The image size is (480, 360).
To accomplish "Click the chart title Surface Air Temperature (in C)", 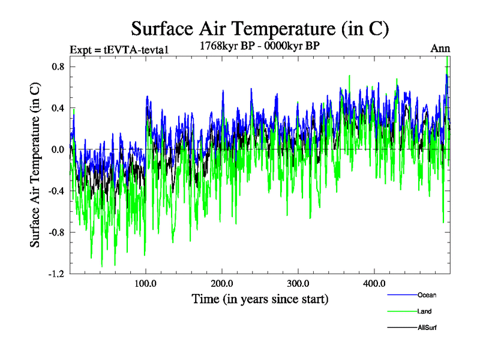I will click(260, 29).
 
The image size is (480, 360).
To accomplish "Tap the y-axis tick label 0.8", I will click(58, 67).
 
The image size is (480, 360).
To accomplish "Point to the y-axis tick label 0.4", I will click(58, 108).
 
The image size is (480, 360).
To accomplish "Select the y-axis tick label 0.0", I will click(58, 149).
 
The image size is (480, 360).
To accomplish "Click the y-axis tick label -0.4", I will click(56, 191).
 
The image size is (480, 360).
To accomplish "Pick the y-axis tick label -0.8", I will click(56, 232).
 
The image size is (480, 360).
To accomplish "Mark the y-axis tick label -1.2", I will click(56, 274).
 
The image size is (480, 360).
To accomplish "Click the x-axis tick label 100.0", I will click(146, 284).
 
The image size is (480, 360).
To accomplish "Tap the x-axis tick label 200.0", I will click(222, 284).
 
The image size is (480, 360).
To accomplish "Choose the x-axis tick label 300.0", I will click(298, 284).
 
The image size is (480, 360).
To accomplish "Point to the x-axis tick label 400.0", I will click(374, 284).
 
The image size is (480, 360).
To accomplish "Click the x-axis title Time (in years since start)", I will click(260, 298).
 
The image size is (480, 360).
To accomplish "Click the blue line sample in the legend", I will click(402, 295).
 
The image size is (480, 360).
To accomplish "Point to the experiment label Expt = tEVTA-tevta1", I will click(118, 49).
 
